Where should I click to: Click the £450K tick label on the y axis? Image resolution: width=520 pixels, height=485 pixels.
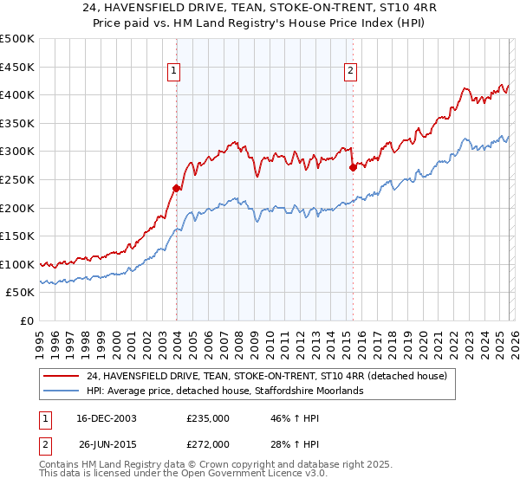[16, 67]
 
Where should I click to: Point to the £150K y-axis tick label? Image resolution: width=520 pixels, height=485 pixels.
[16, 236]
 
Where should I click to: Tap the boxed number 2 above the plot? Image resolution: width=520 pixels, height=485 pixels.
[351, 72]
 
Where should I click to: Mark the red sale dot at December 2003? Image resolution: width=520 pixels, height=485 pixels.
[176, 188]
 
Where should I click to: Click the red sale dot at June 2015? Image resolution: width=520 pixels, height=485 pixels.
[353, 167]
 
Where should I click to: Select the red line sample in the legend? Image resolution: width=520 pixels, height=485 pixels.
[61, 376]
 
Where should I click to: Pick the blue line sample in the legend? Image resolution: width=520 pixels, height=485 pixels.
[61, 391]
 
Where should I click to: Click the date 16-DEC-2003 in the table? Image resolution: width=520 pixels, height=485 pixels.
[107, 418]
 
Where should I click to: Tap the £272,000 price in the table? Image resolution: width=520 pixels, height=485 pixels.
[208, 443]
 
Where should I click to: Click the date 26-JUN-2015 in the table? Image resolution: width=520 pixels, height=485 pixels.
[107, 443]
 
